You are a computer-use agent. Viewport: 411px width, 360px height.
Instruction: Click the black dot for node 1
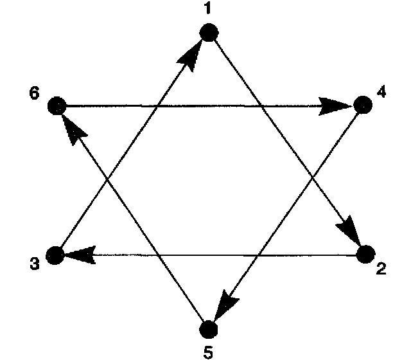click(x=207, y=32)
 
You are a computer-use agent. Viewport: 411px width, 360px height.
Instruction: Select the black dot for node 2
click(x=365, y=255)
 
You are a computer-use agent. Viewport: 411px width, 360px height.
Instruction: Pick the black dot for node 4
click(x=363, y=105)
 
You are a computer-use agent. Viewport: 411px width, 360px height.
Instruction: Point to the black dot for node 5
click(x=207, y=328)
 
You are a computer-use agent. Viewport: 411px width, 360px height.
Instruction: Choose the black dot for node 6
click(x=57, y=105)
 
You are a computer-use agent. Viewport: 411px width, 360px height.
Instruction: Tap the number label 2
click(x=381, y=269)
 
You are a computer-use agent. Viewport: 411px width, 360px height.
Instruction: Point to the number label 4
click(x=381, y=92)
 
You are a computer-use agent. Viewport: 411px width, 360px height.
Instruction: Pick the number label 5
click(x=207, y=350)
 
